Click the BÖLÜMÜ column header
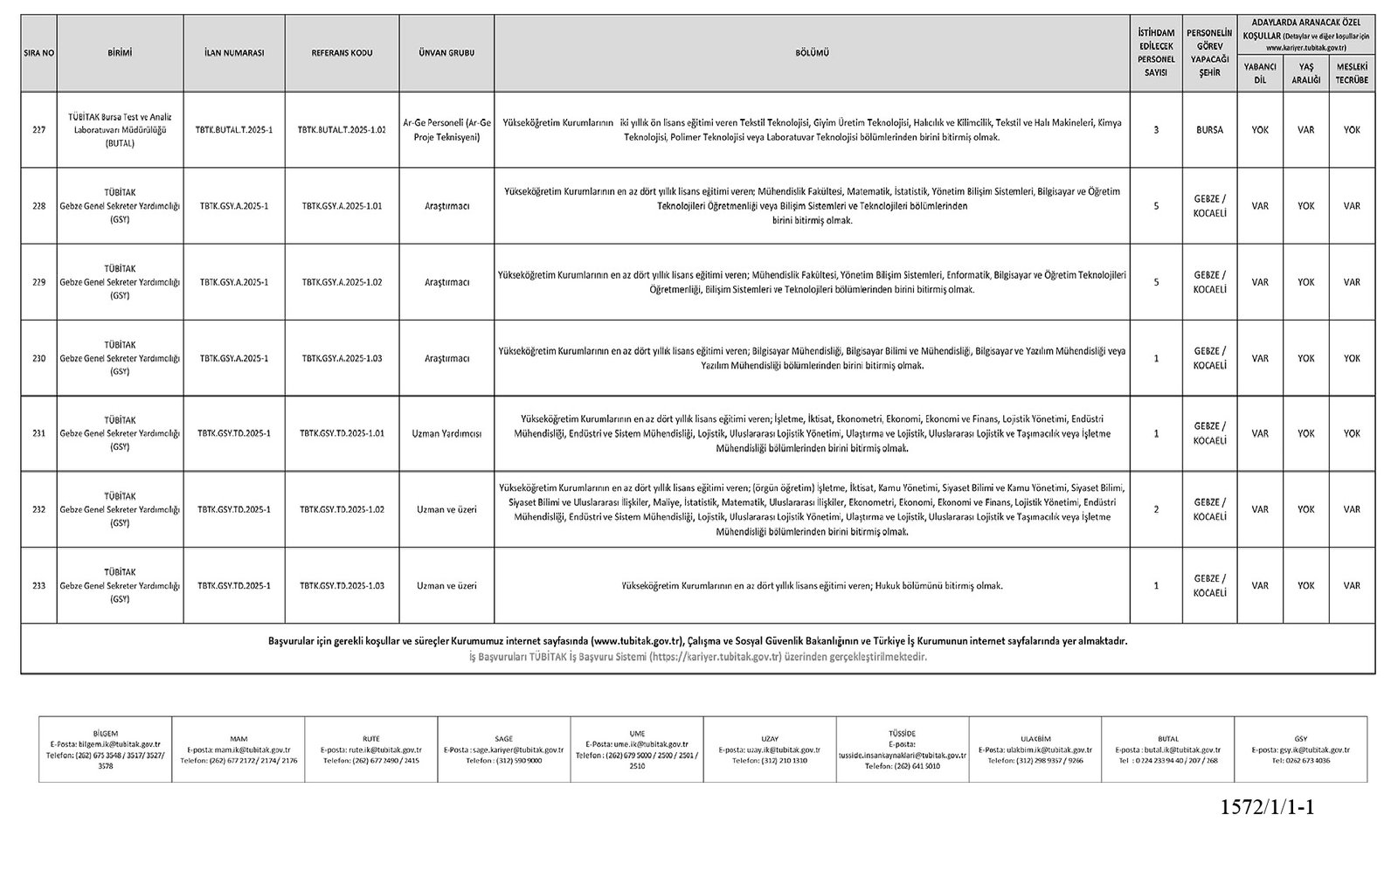click(812, 53)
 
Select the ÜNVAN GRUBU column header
click(446, 53)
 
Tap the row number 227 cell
click(38, 129)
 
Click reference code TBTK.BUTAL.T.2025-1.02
click(342, 129)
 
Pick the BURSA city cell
click(1210, 129)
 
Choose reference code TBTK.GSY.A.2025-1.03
click(342, 358)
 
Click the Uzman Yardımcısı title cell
click(446, 433)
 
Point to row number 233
click(38, 585)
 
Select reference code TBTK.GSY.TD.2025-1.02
click(342, 509)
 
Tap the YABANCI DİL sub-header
click(1260, 73)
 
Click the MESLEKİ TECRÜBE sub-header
click(1352, 73)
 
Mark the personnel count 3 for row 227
click(1156, 129)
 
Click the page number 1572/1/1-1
click(1267, 807)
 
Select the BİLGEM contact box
click(105, 749)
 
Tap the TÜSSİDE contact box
click(902, 749)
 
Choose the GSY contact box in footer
click(1300, 749)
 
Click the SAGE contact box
click(503, 749)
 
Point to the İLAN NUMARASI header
click(234, 53)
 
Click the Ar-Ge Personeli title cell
click(446, 129)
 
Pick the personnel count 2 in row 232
click(1156, 509)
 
